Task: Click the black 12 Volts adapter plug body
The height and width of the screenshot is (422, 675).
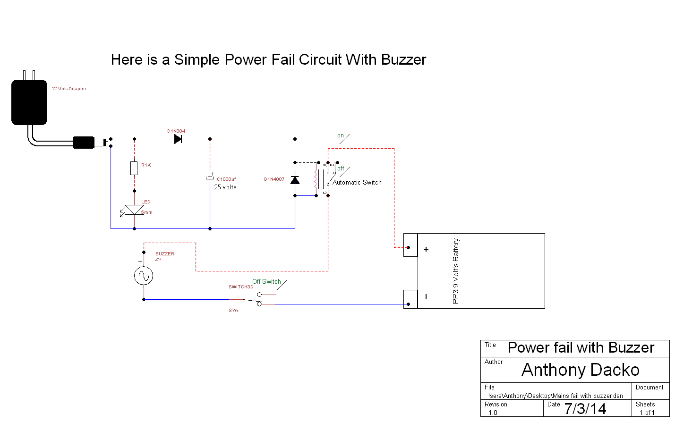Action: (29, 102)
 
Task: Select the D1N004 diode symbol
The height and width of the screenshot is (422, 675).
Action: (178, 139)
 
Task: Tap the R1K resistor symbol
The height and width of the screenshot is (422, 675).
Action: (134, 168)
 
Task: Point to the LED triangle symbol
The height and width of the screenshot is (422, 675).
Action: (134, 210)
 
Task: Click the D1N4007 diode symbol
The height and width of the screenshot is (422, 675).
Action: (295, 180)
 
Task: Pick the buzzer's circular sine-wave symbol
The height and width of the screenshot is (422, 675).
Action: (144, 276)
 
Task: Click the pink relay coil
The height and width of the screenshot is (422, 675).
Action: (315, 179)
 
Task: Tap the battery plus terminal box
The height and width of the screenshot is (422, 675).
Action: (410, 245)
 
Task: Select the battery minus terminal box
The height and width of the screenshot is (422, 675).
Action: (410, 299)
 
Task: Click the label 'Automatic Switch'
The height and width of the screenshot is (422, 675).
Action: (357, 182)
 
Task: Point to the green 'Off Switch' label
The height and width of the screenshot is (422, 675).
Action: (266, 281)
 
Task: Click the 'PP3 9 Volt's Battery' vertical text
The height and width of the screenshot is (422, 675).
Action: (456, 271)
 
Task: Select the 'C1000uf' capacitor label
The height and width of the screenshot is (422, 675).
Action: (226, 179)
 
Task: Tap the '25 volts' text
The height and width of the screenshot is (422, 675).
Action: (225, 187)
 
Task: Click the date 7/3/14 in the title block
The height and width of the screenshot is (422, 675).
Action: (585, 408)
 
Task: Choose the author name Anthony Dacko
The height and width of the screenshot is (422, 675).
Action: (580, 370)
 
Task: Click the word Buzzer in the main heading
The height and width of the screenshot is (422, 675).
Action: (403, 60)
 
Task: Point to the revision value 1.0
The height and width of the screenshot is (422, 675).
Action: (493, 413)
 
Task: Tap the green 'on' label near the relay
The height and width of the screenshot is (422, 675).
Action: (341, 135)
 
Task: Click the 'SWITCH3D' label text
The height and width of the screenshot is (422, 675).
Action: (241, 287)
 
